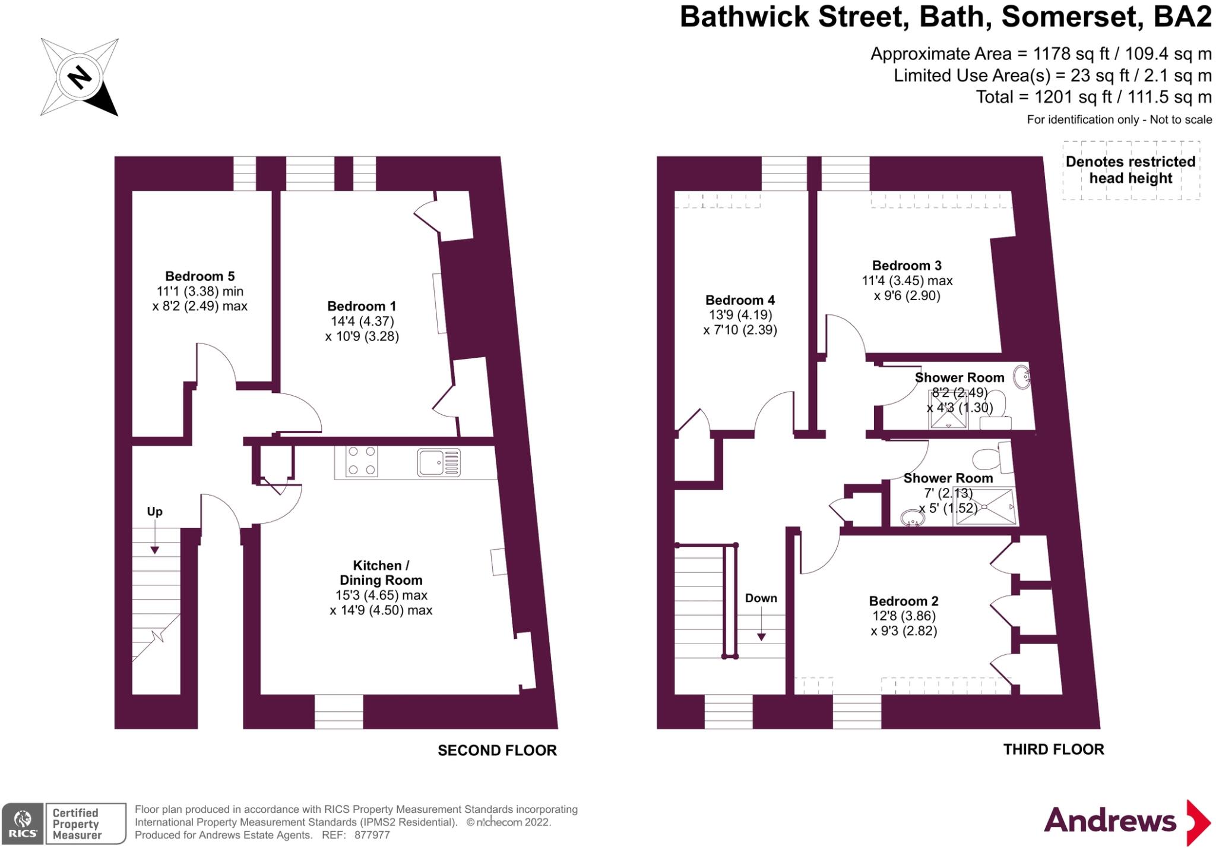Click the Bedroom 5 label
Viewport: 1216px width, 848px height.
[x=199, y=276]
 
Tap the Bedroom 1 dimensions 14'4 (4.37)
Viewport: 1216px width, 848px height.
[x=362, y=321]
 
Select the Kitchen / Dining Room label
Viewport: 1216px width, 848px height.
[x=381, y=573]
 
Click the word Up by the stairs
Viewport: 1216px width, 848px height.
[x=154, y=512]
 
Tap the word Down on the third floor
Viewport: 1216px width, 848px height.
[x=761, y=598]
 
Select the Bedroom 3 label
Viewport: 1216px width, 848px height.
[x=907, y=266]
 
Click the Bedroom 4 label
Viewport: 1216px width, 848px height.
[x=740, y=300]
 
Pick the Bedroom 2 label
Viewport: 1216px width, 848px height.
[x=904, y=601]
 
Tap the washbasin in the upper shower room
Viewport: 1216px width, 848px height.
[x=1021, y=377]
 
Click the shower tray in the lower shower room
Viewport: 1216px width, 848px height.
[x=984, y=507]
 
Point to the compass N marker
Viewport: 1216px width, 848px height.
[x=79, y=77]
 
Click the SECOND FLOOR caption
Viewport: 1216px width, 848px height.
[x=497, y=751]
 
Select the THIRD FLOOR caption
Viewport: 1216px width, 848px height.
[x=1053, y=750]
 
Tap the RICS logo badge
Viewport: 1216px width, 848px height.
[x=23, y=823]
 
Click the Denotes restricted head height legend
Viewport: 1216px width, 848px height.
[x=1130, y=170]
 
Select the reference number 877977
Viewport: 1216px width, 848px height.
[x=372, y=835]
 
